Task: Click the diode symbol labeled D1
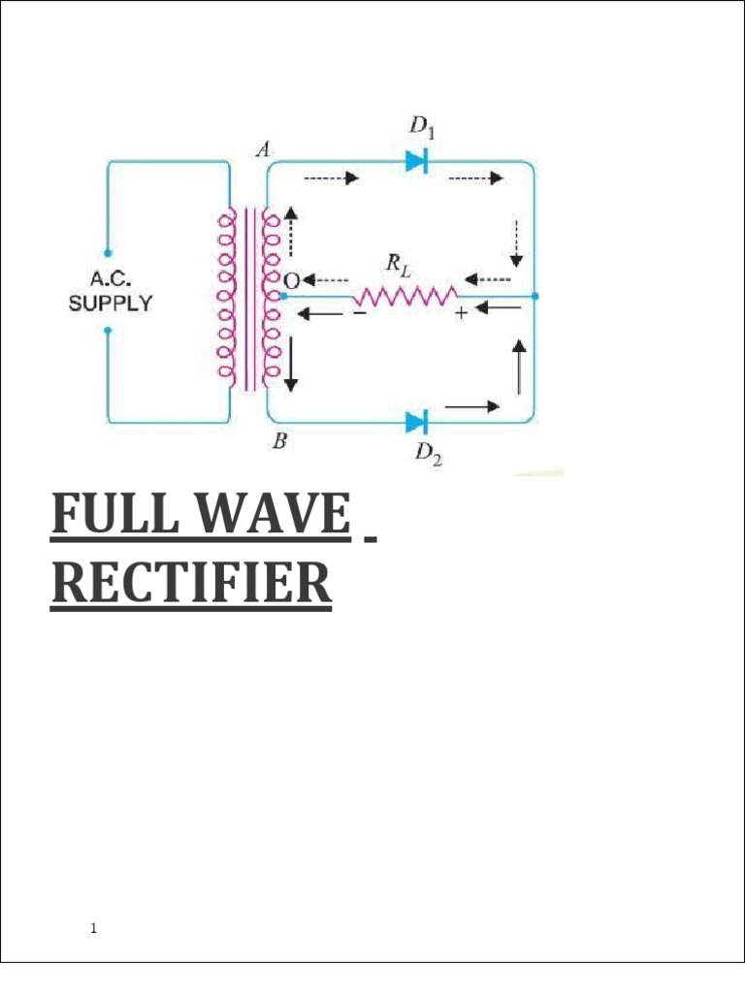[x=417, y=162]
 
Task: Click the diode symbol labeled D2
[x=417, y=422]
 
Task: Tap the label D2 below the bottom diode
[x=429, y=454]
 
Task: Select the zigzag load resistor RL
[x=405, y=295]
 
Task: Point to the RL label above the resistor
[x=399, y=263]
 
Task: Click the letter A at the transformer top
[x=262, y=149]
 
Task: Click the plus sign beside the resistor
[x=461, y=313]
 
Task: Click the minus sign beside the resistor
[x=359, y=313]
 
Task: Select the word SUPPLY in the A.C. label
[x=110, y=303]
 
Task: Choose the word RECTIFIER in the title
[x=190, y=585]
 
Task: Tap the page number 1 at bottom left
[x=93, y=929]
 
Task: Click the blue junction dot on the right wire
[x=535, y=296]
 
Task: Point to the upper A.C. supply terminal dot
[x=108, y=252]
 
